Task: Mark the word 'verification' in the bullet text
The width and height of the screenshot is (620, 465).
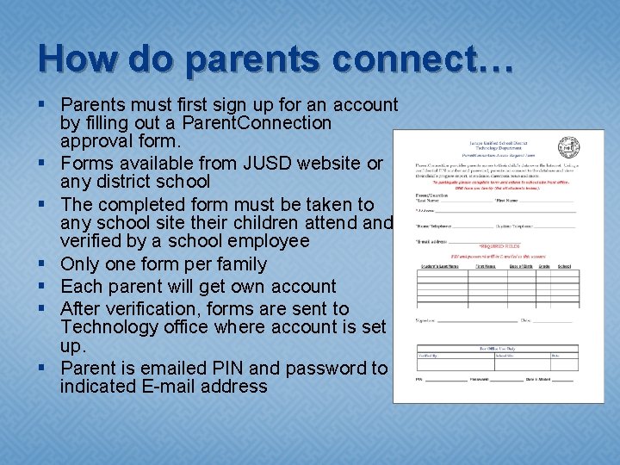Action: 146,308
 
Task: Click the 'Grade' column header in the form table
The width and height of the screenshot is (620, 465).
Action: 543,266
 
